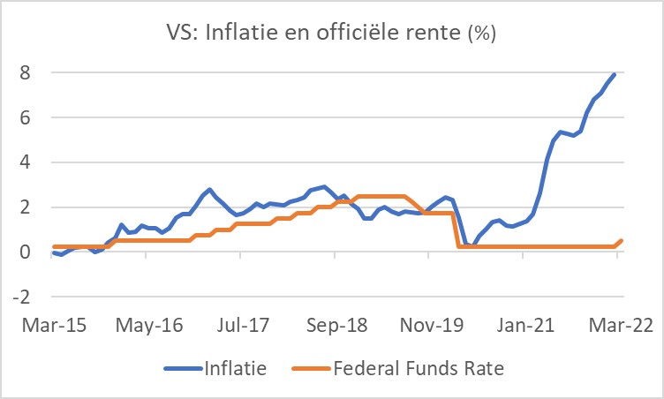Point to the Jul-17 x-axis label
[x=240, y=324]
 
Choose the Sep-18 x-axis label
[x=336, y=324]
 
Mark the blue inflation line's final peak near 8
[x=615, y=75]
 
